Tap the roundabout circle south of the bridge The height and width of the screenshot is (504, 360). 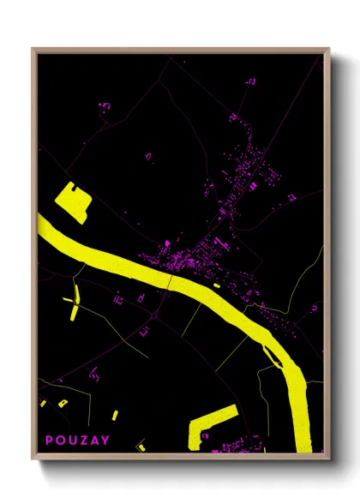[154, 316]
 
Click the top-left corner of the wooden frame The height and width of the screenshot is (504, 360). [33, 50]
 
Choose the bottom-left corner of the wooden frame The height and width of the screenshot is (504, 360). [33, 453]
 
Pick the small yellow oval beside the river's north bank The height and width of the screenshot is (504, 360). [216, 285]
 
